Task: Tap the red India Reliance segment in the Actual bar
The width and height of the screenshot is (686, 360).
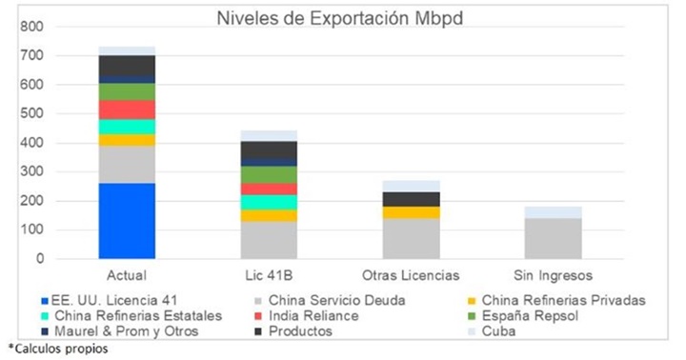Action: click(x=127, y=110)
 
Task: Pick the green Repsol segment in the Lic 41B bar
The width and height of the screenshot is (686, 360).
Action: click(x=269, y=174)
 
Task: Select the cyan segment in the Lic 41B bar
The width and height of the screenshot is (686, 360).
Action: click(x=269, y=202)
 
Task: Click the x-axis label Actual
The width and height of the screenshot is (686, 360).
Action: click(x=127, y=275)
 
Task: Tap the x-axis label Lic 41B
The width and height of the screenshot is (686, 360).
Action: click(x=269, y=275)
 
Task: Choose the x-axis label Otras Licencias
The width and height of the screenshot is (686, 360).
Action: click(x=411, y=275)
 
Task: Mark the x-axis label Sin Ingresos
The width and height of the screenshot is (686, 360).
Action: click(x=553, y=275)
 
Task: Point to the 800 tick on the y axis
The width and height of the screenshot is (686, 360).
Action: click(x=31, y=27)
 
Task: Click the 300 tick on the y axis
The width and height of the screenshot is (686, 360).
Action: click(x=31, y=171)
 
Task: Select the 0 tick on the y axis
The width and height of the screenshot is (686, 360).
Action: click(x=39, y=259)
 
